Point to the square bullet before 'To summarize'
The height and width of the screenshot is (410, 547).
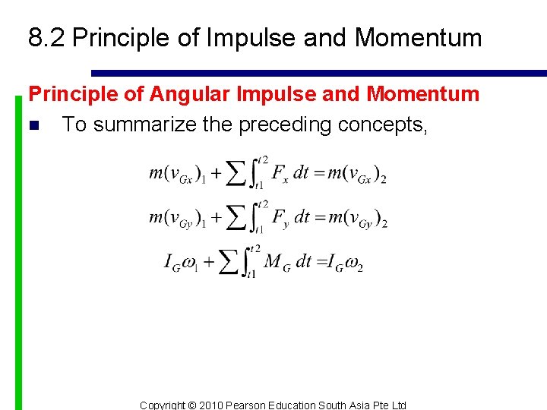[x=33, y=125]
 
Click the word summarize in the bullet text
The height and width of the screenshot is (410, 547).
[x=145, y=125]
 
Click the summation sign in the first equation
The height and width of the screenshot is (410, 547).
[x=236, y=174]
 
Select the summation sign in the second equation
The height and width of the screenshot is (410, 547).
[x=236, y=219]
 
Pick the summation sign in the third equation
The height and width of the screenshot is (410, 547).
[x=228, y=263]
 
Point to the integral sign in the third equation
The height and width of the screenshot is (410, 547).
[x=249, y=263]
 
